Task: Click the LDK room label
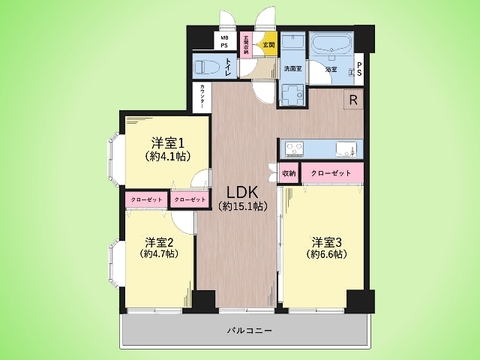[239, 191]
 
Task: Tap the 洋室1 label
[165, 143]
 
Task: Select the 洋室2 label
[159, 241]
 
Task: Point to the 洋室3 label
[327, 241]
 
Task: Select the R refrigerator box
[353, 99]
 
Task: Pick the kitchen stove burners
[295, 150]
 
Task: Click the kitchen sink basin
[337, 150]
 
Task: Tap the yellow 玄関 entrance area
[268, 45]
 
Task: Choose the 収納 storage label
[290, 172]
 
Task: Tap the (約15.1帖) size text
[239, 206]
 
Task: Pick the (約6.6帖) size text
[327, 255]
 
